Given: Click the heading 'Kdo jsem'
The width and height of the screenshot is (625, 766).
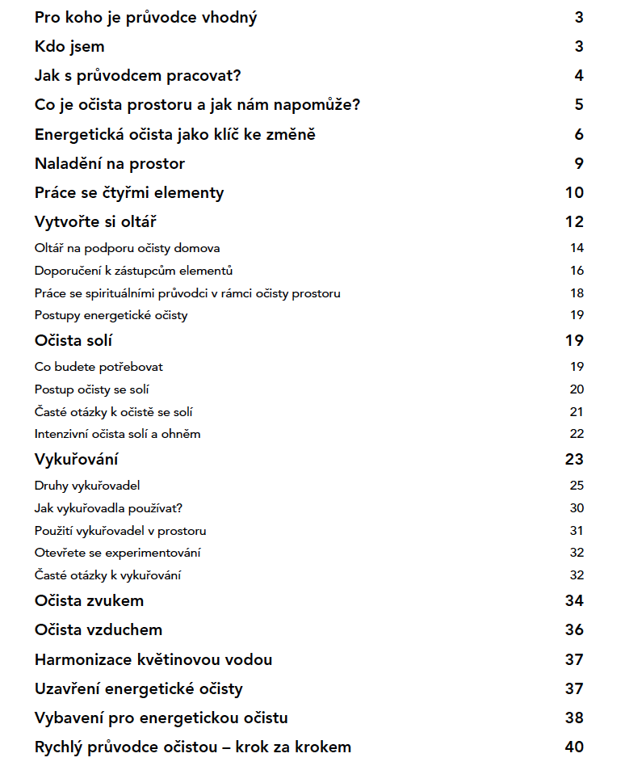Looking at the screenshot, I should click(x=69, y=47).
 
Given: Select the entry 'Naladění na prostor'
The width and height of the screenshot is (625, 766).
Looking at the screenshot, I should click(x=110, y=164).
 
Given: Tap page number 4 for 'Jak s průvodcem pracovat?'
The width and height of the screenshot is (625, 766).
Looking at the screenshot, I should click(x=578, y=76).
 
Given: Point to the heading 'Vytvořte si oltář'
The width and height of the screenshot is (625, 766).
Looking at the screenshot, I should click(x=102, y=222).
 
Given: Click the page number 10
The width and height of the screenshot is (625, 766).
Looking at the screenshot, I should click(x=573, y=193).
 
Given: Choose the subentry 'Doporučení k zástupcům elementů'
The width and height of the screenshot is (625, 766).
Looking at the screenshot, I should click(x=133, y=271).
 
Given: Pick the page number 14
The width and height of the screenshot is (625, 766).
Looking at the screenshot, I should click(x=576, y=248).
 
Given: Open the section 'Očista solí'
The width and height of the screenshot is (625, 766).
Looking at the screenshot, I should click(x=73, y=341).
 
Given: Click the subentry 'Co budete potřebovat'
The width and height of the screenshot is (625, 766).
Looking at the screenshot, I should click(x=99, y=367).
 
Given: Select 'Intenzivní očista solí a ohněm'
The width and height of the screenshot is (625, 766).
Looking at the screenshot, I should click(x=117, y=434).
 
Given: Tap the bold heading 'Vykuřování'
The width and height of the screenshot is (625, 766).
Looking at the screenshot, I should click(x=77, y=461).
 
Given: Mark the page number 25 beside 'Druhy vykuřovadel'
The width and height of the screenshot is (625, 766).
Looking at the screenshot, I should click(x=576, y=486).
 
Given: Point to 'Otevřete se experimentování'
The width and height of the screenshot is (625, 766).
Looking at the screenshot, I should click(x=117, y=553).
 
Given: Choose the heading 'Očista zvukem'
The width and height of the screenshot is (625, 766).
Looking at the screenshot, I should click(x=90, y=601).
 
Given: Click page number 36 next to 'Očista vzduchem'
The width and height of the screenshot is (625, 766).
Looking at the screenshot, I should click(x=573, y=630).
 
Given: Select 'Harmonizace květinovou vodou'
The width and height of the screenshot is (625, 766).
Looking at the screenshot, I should click(x=153, y=659).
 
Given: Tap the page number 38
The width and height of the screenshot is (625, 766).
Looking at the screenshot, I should click(x=573, y=718).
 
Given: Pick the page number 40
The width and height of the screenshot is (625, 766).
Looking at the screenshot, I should click(x=573, y=747).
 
